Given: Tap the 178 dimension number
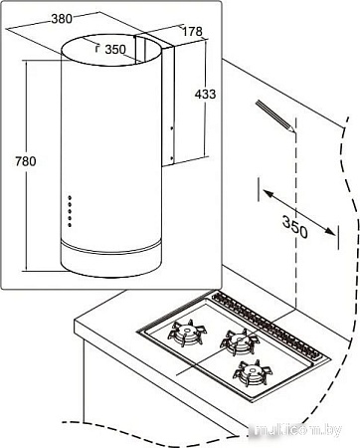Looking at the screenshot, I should (193, 31).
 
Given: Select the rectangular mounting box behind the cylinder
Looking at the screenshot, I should (169, 100).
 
